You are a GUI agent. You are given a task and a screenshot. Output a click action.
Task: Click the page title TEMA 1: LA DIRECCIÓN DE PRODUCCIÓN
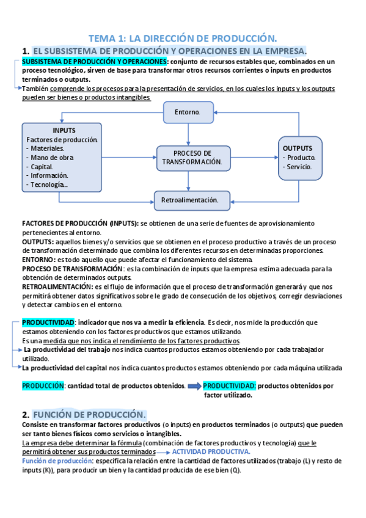(183, 37)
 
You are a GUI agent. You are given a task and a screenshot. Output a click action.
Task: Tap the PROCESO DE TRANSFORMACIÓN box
(192, 158)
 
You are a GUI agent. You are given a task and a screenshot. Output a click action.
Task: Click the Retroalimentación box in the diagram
(190, 199)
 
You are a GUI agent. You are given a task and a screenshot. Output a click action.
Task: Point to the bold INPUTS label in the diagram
(64, 130)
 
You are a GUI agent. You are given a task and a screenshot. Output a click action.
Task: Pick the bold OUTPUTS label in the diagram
(298, 148)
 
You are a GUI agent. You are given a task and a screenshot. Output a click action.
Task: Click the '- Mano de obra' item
(49, 157)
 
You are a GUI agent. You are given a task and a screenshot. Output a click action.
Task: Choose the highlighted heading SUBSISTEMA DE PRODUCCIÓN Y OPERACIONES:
(95, 62)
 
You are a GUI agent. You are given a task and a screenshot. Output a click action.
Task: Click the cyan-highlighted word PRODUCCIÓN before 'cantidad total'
(43, 385)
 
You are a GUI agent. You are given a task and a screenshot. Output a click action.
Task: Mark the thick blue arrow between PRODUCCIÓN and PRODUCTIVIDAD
(194, 386)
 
